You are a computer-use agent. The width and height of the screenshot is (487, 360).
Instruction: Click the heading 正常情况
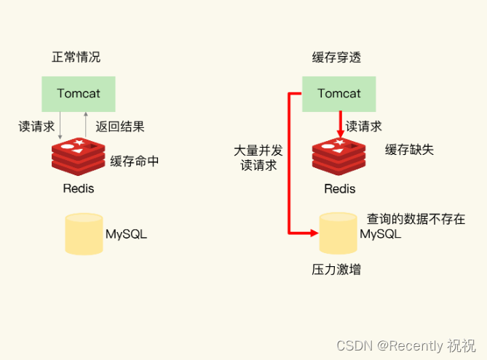76,57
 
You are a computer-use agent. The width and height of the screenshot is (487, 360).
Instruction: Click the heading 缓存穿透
336,57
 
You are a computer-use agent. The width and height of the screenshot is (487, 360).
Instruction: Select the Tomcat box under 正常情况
79,94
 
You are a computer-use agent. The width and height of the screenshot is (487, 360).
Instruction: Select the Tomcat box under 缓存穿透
339,94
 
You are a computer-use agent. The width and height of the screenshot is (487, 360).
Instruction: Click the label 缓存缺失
410,150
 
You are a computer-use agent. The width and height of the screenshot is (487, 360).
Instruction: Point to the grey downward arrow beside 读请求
61,125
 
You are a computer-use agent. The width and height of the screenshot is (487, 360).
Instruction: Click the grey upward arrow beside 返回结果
87,125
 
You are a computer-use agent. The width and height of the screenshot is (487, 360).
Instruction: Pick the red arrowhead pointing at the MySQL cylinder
314,233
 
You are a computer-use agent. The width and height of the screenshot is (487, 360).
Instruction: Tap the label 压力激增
336,270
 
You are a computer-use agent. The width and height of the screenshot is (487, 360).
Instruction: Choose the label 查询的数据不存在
416,219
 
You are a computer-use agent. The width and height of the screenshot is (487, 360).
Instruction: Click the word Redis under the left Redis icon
79,188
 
